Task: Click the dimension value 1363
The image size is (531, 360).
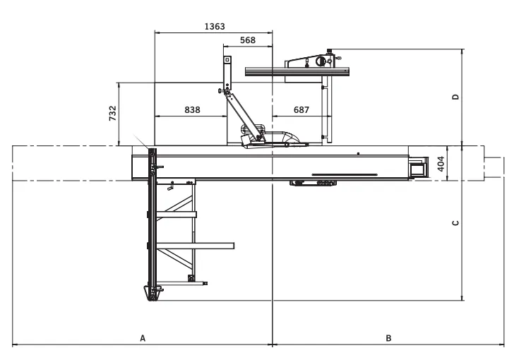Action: [215, 26]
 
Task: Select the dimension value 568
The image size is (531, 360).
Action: [248, 40]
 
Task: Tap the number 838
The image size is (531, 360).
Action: [192, 109]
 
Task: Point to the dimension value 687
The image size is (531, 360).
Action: [301, 109]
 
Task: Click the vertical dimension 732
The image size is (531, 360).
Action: [112, 113]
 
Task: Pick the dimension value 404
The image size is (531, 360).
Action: [440, 164]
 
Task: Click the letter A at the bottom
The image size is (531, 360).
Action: [143, 338]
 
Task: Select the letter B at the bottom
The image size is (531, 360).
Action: [388, 338]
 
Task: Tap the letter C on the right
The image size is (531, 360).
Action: [455, 223]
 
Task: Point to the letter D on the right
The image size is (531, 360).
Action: [455, 97]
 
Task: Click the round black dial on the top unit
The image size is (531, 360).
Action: [321, 61]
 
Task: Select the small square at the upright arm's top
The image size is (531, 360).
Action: [227, 60]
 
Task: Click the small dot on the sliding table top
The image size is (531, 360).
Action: [358, 154]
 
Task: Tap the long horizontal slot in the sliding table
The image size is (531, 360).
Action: [345, 175]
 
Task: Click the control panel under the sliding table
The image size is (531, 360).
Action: [314, 184]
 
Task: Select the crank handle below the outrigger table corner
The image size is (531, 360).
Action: [170, 186]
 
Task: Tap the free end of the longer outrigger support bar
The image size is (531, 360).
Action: [232, 246]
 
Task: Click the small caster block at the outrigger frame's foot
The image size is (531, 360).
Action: [191, 278]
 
